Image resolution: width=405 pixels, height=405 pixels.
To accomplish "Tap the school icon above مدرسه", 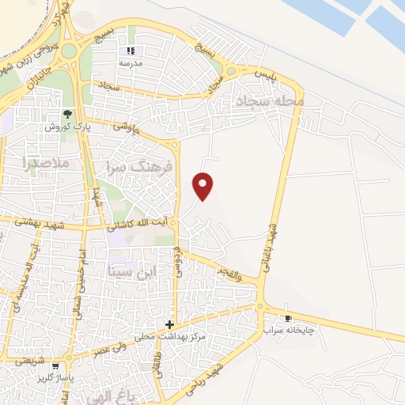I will [131, 51].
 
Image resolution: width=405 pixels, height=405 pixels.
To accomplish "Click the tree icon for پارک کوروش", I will [68, 114].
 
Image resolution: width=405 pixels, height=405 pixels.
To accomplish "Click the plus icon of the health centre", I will [169, 324].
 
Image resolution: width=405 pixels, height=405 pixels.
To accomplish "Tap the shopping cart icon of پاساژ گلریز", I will [55, 367].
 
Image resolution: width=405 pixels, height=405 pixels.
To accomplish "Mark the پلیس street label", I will [271, 73].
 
